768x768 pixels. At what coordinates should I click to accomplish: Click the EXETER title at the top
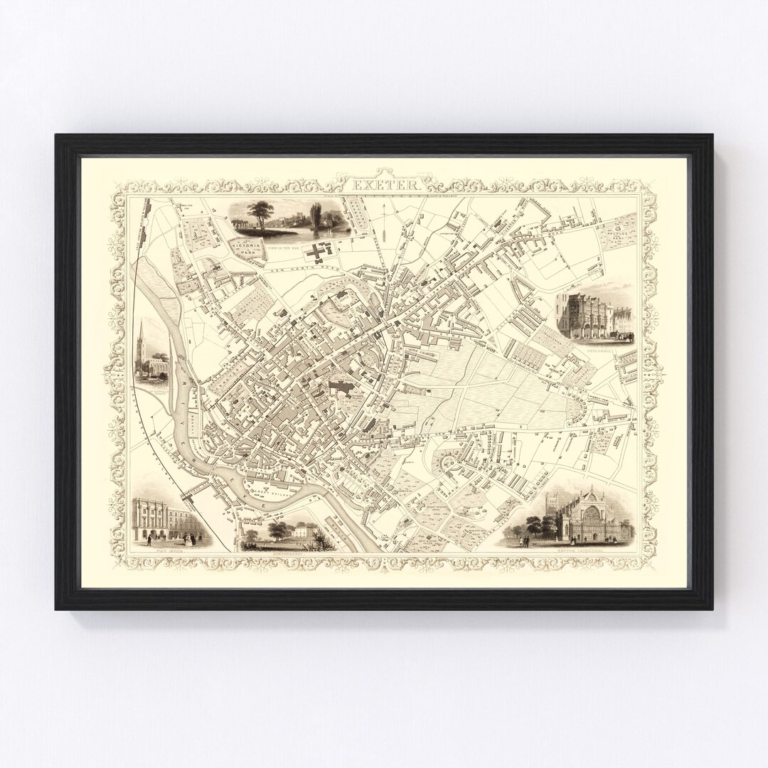(x=385, y=183)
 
